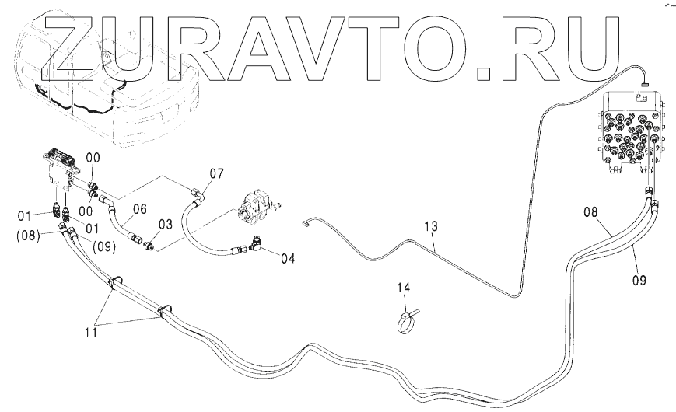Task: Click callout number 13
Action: pos(430,226)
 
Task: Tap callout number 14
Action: pos(401,288)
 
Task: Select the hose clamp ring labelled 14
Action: pos(408,321)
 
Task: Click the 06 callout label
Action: pos(138,208)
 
